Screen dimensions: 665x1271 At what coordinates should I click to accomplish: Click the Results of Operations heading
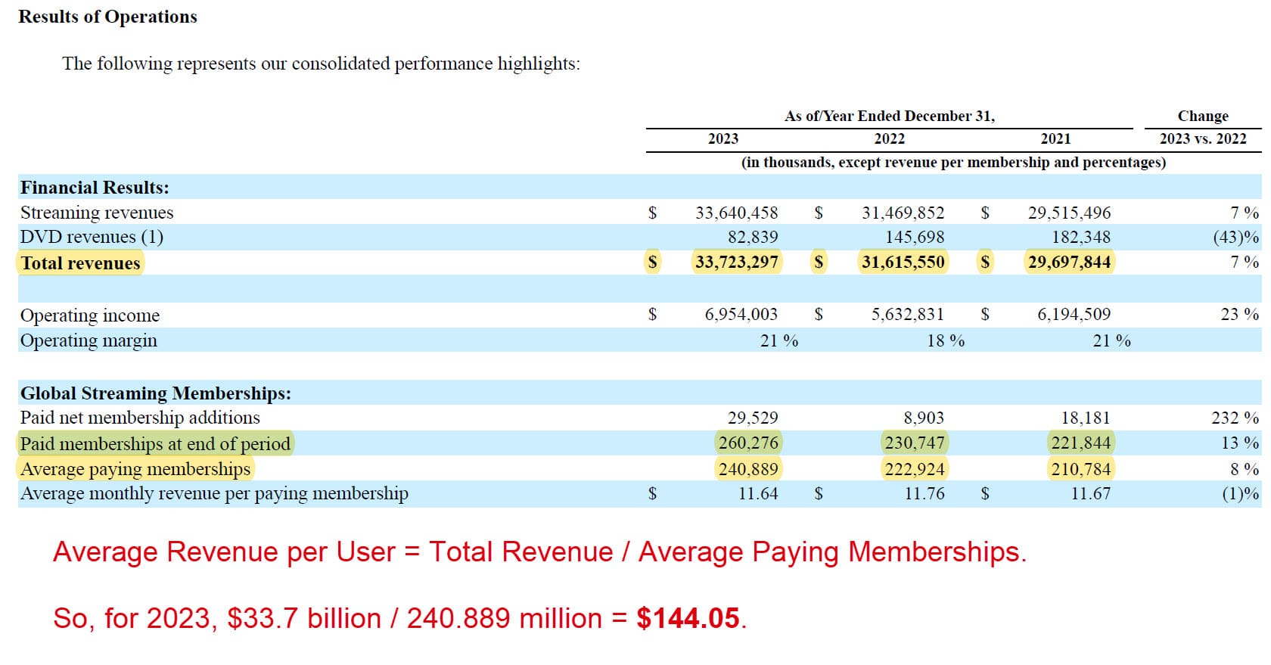(x=107, y=17)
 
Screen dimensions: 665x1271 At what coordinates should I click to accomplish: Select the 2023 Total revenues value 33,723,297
(x=736, y=262)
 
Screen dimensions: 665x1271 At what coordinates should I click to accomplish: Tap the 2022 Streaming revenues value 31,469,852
(x=903, y=213)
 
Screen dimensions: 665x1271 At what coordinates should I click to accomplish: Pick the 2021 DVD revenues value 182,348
(x=1080, y=237)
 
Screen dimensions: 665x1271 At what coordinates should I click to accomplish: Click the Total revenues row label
(x=80, y=263)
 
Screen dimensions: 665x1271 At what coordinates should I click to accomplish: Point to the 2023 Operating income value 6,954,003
(x=741, y=314)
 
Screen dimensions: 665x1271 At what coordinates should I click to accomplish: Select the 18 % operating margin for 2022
(x=946, y=340)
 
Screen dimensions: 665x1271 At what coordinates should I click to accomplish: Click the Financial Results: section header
(x=95, y=187)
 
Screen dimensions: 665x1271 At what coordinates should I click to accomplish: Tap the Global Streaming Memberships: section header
(x=155, y=393)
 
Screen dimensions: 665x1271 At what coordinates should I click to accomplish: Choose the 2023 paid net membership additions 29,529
(x=752, y=418)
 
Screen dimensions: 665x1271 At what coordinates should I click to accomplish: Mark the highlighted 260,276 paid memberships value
(x=748, y=443)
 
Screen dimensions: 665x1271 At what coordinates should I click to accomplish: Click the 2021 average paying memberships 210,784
(x=1080, y=469)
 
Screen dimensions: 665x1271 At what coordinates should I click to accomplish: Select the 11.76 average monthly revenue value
(x=925, y=494)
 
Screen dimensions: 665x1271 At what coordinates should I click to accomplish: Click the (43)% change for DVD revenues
(x=1235, y=237)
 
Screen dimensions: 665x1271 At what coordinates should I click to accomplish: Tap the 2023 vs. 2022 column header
(x=1202, y=138)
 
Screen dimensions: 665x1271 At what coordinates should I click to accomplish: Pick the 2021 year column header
(x=1055, y=138)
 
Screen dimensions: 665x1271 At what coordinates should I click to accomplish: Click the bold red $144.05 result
(x=688, y=618)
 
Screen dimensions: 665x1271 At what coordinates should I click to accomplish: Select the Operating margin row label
(x=89, y=340)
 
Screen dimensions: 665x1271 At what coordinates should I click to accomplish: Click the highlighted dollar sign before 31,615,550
(x=818, y=262)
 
